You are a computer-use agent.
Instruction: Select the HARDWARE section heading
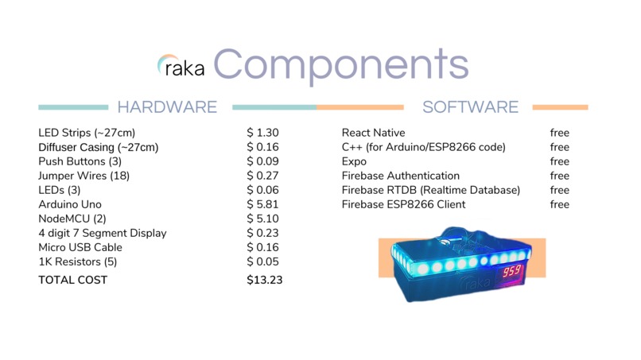[x=167, y=107]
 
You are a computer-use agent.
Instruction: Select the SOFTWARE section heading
[x=470, y=107]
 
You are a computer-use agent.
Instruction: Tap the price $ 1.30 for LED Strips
[x=262, y=133]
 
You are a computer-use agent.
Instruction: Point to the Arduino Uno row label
[x=71, y=204]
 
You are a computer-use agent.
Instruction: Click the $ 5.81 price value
[x=262, y=204]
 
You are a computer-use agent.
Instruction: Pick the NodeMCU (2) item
[x=72, y=219]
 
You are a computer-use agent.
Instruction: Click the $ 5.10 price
[x=262, y=219]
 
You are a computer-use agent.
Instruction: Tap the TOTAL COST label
[x=72, y=280]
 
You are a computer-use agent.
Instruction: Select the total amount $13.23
[x=265, y=280]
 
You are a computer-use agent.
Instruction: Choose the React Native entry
[x=373, y=133]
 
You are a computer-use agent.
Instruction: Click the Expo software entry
[x=354, y=161]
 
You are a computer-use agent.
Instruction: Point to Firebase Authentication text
[x=400, y=176]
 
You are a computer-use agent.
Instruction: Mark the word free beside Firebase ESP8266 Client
[x=559, y=204]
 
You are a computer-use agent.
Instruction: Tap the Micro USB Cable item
[x=80, y=247]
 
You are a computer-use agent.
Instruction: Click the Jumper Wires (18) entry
[x=84, y=176]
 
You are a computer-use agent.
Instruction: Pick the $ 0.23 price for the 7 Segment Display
[x=262, y=233]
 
